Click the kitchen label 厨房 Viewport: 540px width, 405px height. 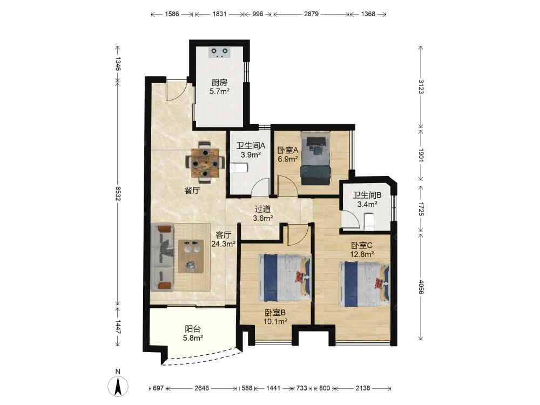coord(219,83)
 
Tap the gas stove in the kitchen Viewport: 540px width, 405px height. coord(219,52)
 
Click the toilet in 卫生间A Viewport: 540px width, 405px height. coord(239,168)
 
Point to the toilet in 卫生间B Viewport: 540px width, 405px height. coord(369,221)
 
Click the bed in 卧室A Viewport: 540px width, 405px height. coord(315,158)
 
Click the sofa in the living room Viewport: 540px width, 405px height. coord(162,257)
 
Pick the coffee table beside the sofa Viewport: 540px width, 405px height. coord(191,256)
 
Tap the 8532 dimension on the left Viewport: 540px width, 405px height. coord(118,193)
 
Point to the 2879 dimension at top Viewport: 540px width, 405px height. coord(311,14)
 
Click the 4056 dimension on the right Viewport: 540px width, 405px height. coord(421,287)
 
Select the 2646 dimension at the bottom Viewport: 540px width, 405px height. coord(201,388)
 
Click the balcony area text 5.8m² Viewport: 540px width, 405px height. coord(193,338)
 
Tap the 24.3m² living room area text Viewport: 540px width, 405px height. coord(223,244)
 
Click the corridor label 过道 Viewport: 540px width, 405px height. coord(263,209)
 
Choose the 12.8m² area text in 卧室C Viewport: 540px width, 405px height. coord(362,254)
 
